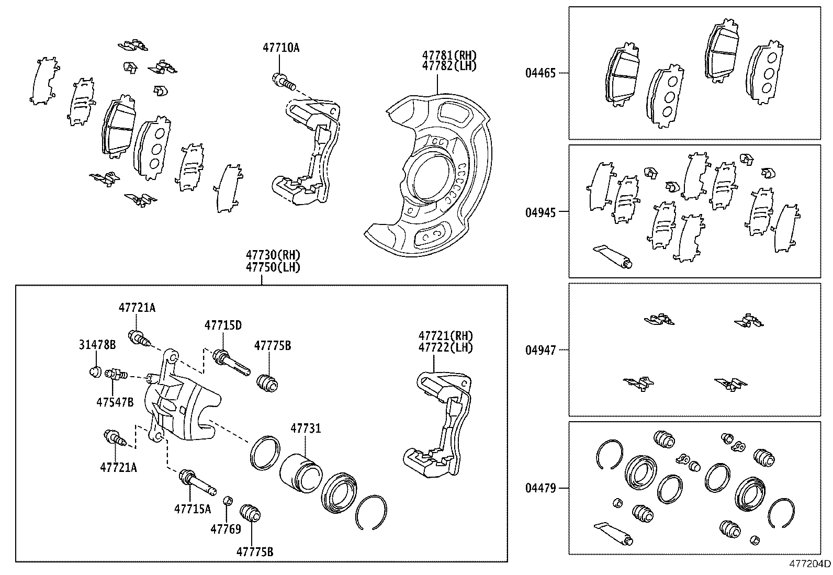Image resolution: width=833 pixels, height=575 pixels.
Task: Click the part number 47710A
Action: tap(281, 48)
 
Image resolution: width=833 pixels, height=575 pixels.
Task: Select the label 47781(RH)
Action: tap(449, 55)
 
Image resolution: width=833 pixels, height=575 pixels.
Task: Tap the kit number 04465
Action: tap(541, 73)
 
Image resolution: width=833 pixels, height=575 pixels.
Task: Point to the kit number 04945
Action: tap(541, 212)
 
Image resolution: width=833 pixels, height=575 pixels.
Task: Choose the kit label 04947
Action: tap(541, 350)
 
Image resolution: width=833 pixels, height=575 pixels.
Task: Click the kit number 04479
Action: tap(541, 488)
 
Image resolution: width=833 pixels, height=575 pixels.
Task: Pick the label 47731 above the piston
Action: tap(306, 429)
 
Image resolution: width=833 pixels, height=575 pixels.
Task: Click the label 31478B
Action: tap(97, 345)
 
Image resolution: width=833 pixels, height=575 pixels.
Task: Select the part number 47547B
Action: tap(115, 402)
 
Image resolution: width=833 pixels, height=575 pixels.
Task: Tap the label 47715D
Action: tap(223, 325)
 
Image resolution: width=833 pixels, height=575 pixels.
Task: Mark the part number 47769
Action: tap(226, 529)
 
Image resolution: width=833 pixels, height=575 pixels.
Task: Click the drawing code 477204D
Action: tap(810, 563)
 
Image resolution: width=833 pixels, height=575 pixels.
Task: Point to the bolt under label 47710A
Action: tap(283, 81)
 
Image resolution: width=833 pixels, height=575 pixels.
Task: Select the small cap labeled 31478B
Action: tap(95, 372)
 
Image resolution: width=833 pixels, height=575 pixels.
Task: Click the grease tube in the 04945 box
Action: tap(612, 256)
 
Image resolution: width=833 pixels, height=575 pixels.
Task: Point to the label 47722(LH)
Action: tap(445, 347)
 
